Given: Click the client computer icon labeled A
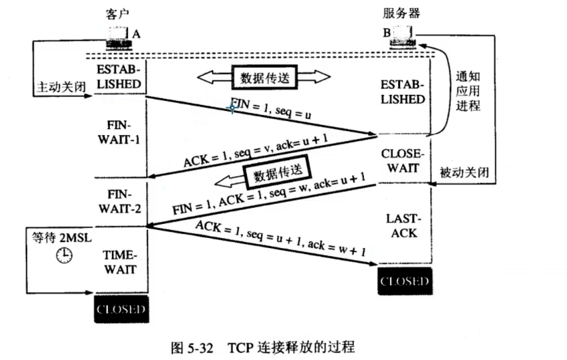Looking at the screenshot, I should point(119,38).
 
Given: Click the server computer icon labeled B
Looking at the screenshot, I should point(402,38).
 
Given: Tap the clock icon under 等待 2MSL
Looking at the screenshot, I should point(64,256).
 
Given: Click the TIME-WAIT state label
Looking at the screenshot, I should point(120,262).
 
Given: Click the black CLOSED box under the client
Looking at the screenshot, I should point(121,309).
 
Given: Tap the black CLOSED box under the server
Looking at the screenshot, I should point(405,281).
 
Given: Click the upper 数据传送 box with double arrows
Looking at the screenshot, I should point(263,77).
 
